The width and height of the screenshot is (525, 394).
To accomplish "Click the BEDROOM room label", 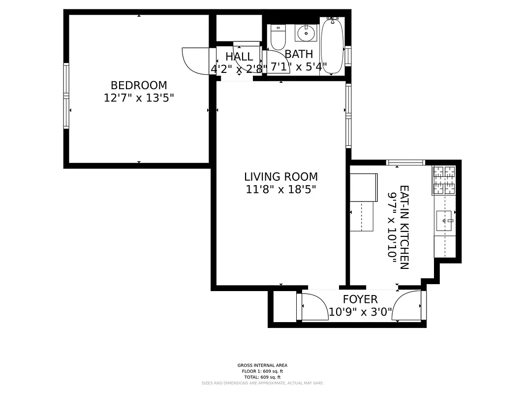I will click(x=139, y=85).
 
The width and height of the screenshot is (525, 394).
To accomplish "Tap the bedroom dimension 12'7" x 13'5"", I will click(x=139, y=98).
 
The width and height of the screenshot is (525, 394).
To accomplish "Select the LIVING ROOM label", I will click(x=281, y=176).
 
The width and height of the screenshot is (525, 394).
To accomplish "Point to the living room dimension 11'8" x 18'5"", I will click(x=281, y=189).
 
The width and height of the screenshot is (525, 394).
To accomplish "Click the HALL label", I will click(x=239, y=57).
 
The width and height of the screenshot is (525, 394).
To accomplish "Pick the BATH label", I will click(x=299, y=54).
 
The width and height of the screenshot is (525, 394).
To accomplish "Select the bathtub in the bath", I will click(x=332, y=45).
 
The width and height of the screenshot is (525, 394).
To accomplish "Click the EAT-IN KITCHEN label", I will click(x=404, y=227).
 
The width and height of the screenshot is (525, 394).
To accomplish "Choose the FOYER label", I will click(x=360, y=299).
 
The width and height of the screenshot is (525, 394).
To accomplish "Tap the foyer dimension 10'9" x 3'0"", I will click(x=360, y=311).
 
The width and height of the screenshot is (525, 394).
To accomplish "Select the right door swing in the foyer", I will click(x=408, y=305).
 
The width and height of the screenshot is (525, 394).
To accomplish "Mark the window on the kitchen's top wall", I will click(x=405, y=163).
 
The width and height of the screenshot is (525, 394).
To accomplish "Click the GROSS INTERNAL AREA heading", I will click(x=262, y=365).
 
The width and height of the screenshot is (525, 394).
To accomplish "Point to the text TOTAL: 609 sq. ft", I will click(x=262, y=377).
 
